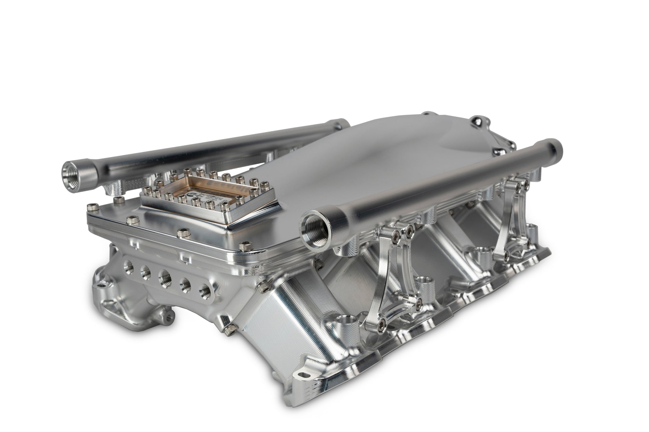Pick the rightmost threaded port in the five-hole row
point(204,289)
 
